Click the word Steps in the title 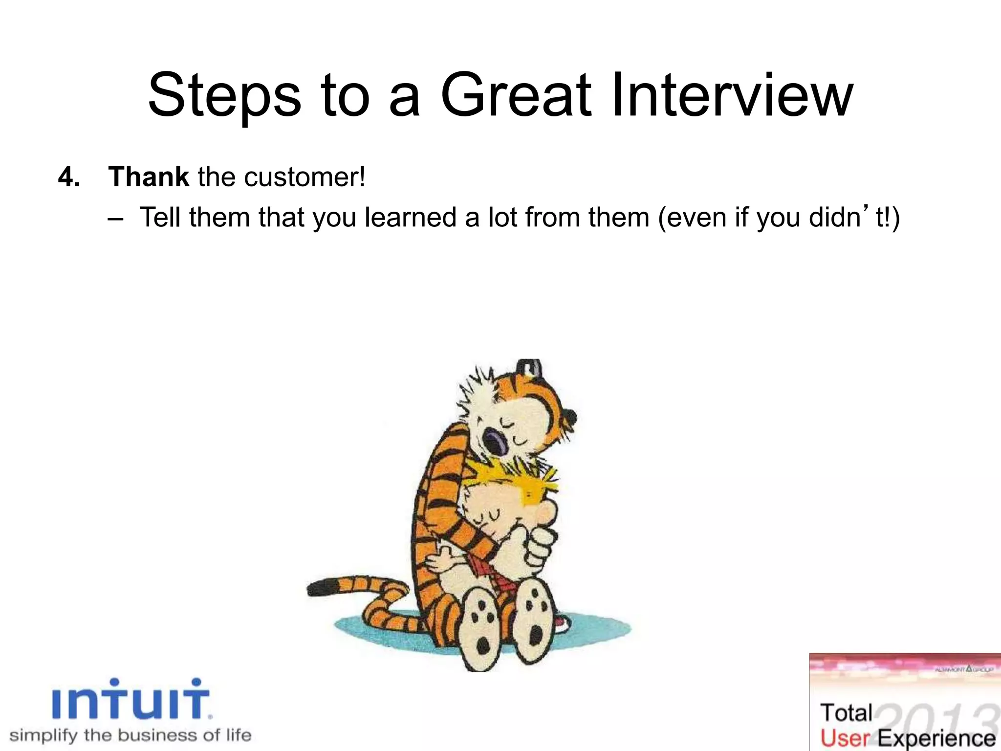(x=224, y=96)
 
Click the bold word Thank (x=149, y=177)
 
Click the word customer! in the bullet (x=305, y=177)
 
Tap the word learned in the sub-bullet (x=410, y=218)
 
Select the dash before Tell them (x=115, y=219)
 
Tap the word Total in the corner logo (x=846, y=712)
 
